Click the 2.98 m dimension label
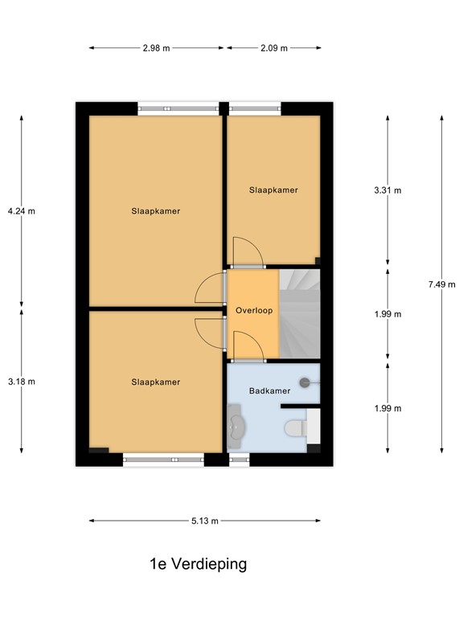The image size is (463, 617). tap(156, 48)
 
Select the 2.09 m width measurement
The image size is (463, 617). tap(273, 48)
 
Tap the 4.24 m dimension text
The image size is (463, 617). tap(22, 211)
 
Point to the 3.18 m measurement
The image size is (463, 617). tap(22, 381)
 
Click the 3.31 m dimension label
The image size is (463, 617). tap(387, 190)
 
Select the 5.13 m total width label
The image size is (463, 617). tap(205, 521)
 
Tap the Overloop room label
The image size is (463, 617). tap(254, 310)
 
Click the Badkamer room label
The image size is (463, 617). tap(269, 391)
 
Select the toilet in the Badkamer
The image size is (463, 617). tap(295, 426)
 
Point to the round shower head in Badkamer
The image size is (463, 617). tap(305, 383)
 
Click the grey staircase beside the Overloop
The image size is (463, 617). tap(300, 313)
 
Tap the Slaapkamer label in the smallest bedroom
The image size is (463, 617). tap(273, 190)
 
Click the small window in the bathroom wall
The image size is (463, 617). tap(239, 460)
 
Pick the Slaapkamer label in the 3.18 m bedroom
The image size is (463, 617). tap(156, 382)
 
